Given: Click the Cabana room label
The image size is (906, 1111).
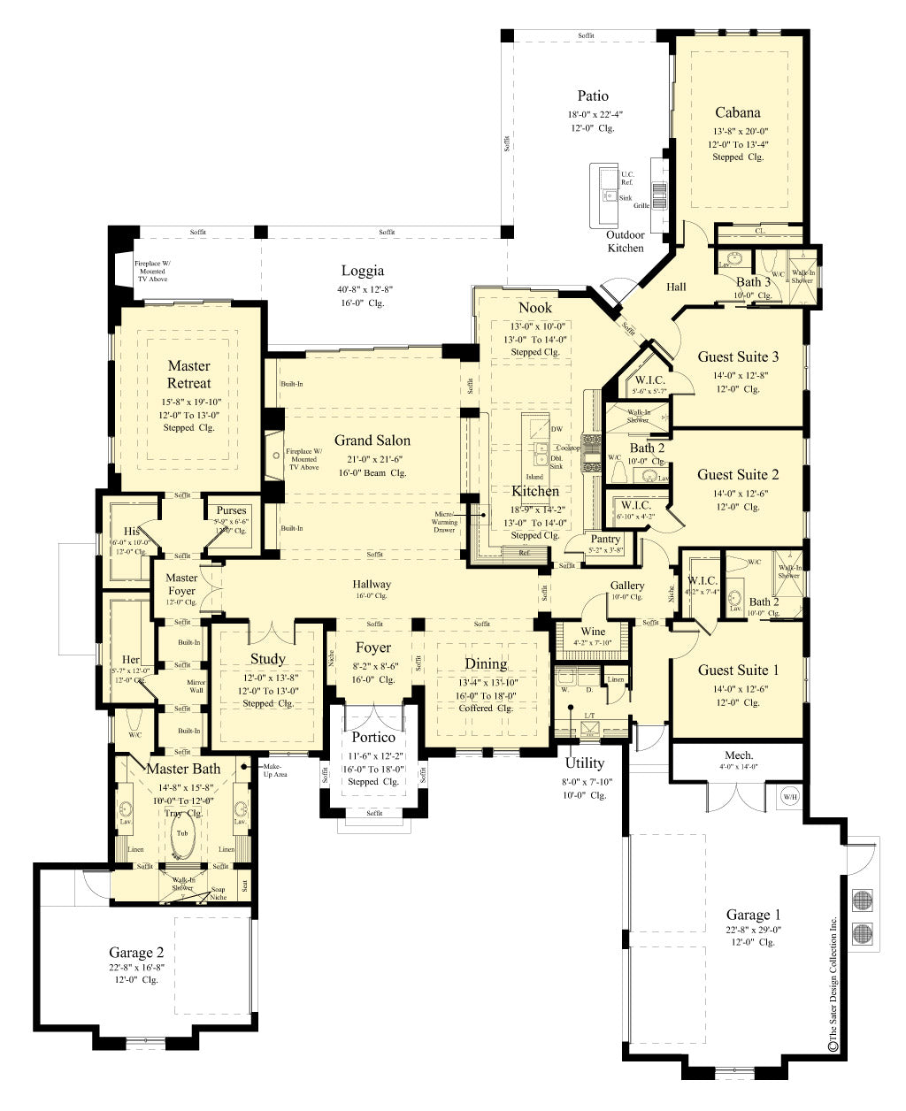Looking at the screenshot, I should click(737, 112).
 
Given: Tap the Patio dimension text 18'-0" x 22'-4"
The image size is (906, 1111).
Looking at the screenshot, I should click(592, 114).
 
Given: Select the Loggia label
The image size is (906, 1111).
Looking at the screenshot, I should click(363, 271).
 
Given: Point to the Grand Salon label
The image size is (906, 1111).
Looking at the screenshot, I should click(372, 440).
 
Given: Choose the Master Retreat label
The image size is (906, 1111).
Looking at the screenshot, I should click(189, 374).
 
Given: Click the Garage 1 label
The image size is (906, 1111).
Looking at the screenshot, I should click(754, 915).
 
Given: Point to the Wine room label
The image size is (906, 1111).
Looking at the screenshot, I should click(593, 631).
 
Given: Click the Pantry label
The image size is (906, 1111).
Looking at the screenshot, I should click(605, 539).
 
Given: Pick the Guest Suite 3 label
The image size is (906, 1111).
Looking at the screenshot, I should click(738, 356).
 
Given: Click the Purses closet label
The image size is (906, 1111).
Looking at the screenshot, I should click(232, 510).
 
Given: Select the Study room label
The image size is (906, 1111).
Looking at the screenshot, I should click(267, 658).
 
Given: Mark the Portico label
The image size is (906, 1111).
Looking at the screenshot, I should click(373, 737).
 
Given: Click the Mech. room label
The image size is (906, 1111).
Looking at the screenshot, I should click(739, 755).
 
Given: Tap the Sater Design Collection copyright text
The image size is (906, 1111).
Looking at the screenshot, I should click(833, 982).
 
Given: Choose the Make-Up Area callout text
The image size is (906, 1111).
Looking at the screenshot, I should click(274, 770).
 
